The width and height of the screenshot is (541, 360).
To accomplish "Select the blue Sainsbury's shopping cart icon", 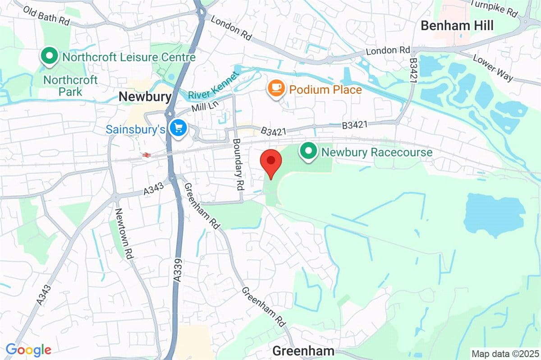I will (x=178, y=129).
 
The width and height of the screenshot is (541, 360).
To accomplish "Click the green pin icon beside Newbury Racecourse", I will (x=309, y=151).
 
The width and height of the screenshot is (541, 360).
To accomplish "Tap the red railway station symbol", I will (x=146, y=155).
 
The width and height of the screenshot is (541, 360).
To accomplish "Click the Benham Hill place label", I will (x=457, y=26).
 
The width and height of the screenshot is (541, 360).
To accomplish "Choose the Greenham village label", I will (x=303, y=351).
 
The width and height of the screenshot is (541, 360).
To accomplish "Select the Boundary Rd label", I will (x=238, y=164).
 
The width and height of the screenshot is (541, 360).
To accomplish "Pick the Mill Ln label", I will (x=204, y=108).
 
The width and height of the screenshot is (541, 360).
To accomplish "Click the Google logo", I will (x=28, y=350).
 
